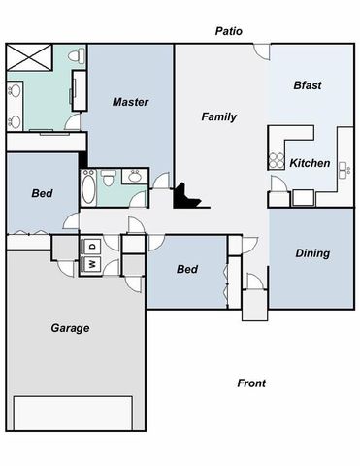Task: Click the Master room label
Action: [x=129, y=102]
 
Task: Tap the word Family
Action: [x=219, y=116]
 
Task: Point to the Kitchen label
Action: [x=310, y=163]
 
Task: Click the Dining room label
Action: [x=312, y=253]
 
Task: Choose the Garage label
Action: [x=70, y=328]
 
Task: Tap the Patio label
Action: [x=229, y=31]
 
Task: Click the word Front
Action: [x=251, y=383]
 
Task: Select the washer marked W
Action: [x=92, y=263]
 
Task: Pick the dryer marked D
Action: [x=92, y=245]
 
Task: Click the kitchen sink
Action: [x=344, y=172]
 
